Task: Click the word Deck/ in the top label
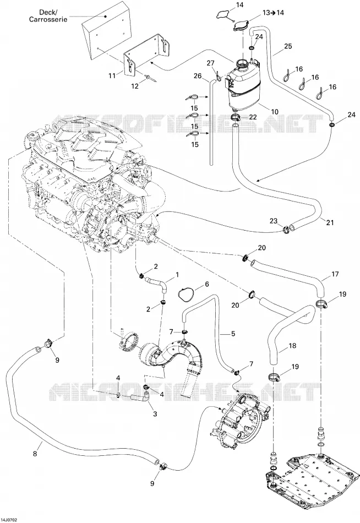[48, 12]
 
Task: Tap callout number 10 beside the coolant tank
[274, 111]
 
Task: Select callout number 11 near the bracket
[112, 76]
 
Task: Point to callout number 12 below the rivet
[134, 86]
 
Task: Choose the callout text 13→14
[273, 13]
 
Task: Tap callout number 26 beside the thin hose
[198, 76]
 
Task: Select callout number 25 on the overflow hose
[287, 46]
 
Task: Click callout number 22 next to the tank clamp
[253, 117]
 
